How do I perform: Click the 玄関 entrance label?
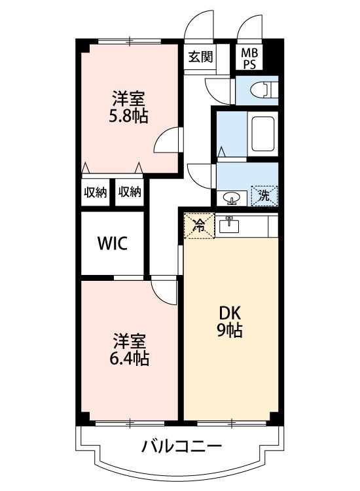pos(200,56)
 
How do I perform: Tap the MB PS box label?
pos(249,57)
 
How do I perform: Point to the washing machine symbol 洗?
pos(264,194)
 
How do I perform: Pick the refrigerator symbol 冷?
pos(199,226)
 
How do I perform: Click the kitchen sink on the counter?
pos(230,225)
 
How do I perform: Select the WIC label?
pos(112,244)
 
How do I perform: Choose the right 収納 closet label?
pos(130,192)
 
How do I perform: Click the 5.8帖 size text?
pos(128,117)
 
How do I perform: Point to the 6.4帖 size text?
pos(129,358)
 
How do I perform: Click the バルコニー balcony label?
pos(181,447)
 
